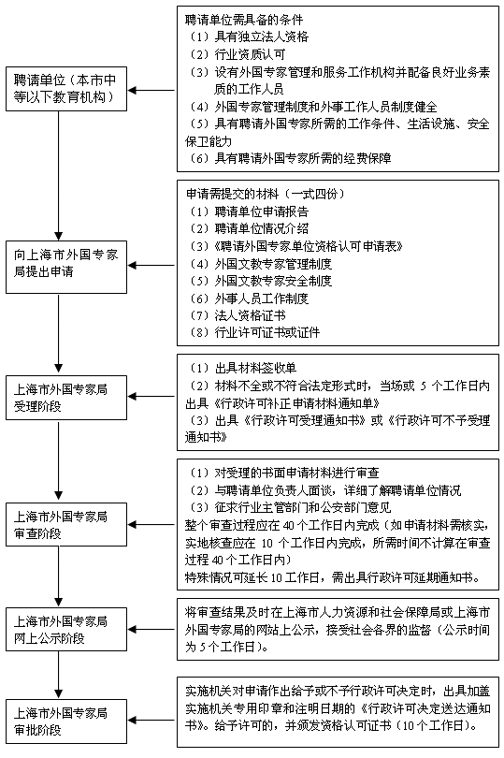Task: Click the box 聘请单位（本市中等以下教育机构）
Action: point(66,89)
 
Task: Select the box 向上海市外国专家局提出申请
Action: point(66,267)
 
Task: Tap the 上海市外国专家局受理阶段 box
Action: point(66,398)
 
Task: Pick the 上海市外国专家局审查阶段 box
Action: point(66,524)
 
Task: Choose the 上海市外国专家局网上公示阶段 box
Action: point(66,630)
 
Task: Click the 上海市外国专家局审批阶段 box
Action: point(66,722)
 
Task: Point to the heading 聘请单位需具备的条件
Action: point(244,20)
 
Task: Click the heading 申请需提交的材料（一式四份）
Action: point(266,194)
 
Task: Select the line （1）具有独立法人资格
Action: point(249,36)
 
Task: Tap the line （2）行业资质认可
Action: point(238,54)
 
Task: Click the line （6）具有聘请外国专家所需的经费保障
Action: point(291,158)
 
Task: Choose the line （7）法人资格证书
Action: point(238,315)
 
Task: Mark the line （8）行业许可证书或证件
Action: point(254,332)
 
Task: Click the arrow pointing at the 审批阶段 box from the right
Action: point(151,721)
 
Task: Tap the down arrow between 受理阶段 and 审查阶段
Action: point(59,460)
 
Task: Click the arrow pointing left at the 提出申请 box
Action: point(151,266)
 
